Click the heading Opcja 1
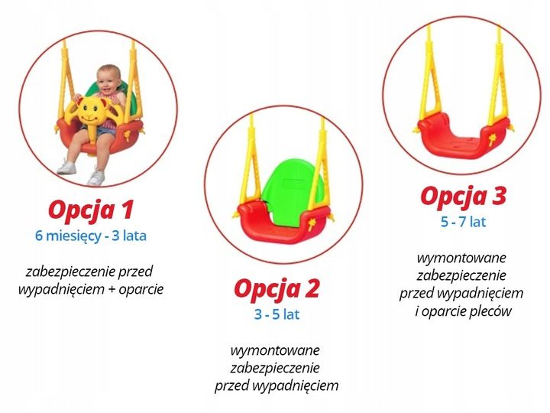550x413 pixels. (x=91, y=209)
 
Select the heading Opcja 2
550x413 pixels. (x=276, y=288)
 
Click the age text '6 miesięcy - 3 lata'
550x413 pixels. (x=90, y=236)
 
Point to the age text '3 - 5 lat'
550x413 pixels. (x=276, y=314)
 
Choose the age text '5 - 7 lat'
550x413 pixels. (x=462, y=222)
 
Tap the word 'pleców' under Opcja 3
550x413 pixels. (x=492, y=311)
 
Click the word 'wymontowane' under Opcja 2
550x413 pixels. (x=276, y=350)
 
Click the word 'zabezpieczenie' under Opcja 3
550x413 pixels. (x=461, y=275)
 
